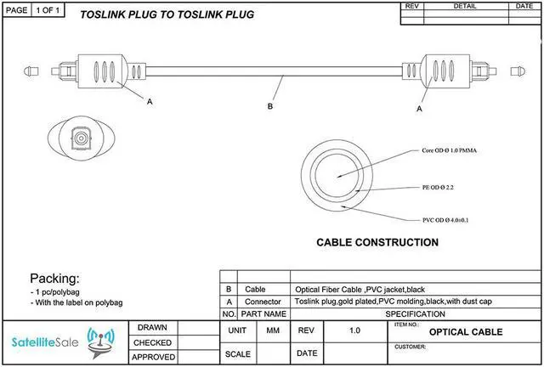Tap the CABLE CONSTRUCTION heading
click(x=377, y=242)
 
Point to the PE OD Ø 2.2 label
click(x=439, y=186)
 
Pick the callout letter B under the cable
click(x=270, y=106)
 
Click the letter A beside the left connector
click(x=150, y=101)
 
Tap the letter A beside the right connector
click(x=419, y=109)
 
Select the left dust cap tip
click(x=31, y=66)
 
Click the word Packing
click(x=55, y=279)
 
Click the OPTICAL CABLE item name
click(x=466, y=332)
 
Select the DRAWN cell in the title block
click(x=154, y=327)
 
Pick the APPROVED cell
click(x=154, y=358)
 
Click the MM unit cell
click(x=273, y=330)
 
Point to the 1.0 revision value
click(x=354, y=330)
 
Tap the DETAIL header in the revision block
click(x=465, y=6)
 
